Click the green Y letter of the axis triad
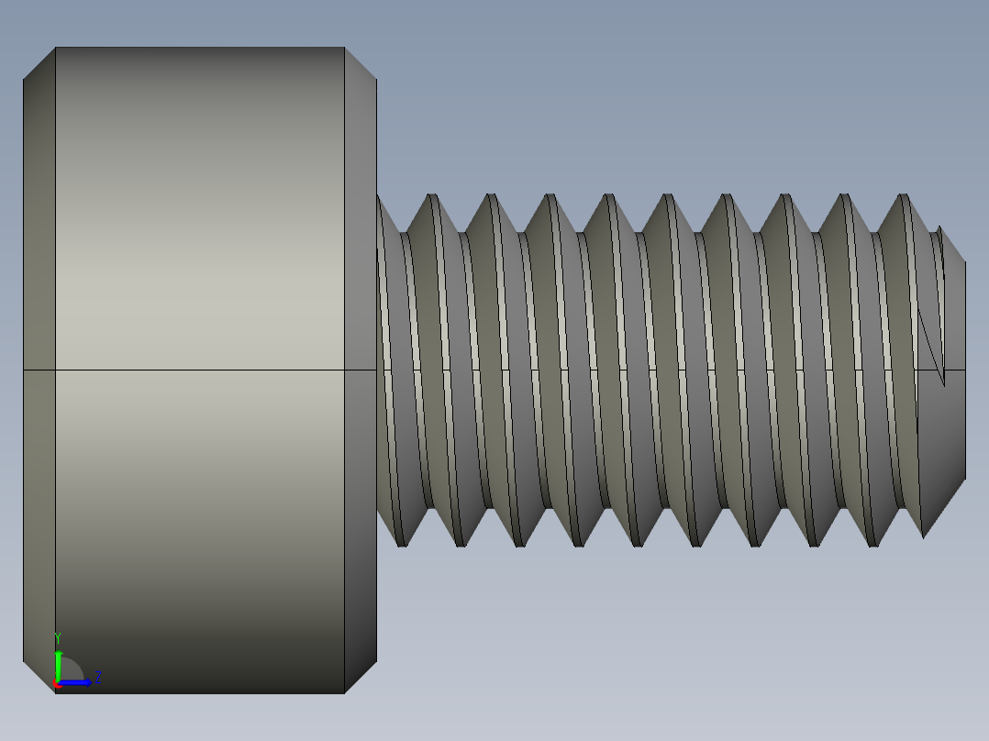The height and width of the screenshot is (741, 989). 58,636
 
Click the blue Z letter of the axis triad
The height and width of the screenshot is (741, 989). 98,678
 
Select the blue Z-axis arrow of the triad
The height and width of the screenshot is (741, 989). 79,682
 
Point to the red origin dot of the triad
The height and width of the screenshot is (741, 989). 56,684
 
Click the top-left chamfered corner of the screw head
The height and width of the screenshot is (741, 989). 39,63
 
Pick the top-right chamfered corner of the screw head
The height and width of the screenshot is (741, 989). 361,63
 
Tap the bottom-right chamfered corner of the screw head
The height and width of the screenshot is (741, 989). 361,677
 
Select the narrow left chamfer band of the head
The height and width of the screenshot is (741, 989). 39,367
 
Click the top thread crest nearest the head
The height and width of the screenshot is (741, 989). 431,196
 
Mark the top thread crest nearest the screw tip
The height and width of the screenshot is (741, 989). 903,196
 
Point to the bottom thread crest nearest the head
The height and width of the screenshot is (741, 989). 401,544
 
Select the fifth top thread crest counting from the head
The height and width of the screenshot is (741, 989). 667,196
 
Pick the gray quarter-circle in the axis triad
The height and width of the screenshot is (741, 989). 72,671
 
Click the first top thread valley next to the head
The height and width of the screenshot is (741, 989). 402,230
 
